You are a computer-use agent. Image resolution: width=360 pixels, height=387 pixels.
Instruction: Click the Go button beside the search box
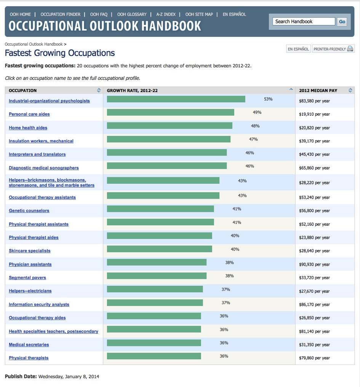pyautogui.click(x=342, y=22)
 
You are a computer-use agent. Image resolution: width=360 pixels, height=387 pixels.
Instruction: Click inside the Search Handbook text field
pyautogui.click(x=304, y=22)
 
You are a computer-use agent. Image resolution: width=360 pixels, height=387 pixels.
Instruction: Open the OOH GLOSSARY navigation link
pyautogui.click(x=132, y=14)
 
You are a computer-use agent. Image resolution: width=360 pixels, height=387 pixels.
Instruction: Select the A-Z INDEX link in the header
pyautogui.click(x=166, y=14)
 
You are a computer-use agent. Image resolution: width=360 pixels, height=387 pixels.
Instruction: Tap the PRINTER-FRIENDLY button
pyautogui.click(x=333, y=49)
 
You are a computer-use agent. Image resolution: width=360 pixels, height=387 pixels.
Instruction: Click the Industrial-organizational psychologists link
pyautogui.click(x=49, y=101)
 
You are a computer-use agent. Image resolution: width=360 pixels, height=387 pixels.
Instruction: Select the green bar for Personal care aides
pyautogui.click(x=170, y=112)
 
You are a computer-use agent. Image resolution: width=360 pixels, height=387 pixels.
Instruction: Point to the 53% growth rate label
pyautogui.click(x=268, y=99)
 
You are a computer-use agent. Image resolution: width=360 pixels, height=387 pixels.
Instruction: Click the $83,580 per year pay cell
pyautogui.click(x=314, y=101)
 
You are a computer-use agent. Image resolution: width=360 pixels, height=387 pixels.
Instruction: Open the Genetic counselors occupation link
pyautogui.click(x=29, y=211)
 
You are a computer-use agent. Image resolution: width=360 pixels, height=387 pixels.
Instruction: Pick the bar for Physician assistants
pyautogui.click(x=157, y=262)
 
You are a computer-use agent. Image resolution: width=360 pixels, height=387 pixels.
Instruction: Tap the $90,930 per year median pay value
pyautogui.click(x=314, y=264)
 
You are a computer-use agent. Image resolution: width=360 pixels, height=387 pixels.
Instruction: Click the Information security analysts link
pyautogui.click(x=39, y=304)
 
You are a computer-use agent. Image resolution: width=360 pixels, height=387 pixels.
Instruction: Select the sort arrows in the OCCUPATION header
pyautogui.click(x=99, y=91)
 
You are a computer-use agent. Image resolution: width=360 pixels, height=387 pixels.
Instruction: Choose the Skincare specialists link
pyautogui.click(x=30, y=251)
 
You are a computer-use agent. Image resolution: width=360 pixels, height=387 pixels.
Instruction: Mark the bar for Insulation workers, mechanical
pyautogui.click(x=168, y=139)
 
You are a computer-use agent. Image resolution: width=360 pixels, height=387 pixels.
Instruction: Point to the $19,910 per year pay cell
pyautogui.click(x=314, y=114)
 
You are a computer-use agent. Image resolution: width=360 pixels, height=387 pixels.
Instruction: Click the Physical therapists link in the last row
pyautogui.click(x=29, y=358)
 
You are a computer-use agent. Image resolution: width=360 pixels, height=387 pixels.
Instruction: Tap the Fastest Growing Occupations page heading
pyautogui.click(x=60, y=53)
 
